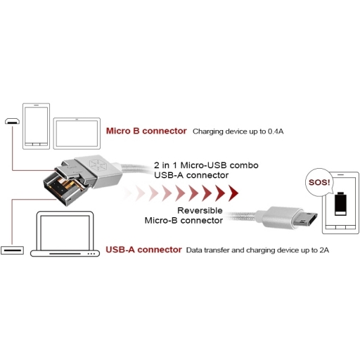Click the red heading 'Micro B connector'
click(146, 131)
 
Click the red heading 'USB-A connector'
click(143, 250)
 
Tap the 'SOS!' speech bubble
click(319, 182)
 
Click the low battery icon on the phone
click(340, 204)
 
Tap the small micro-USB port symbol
click(12, 121)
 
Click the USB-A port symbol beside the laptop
click(12, 250)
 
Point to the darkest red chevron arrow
click(233, 193)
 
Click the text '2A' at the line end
click(324, 250)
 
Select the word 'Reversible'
click(200, 210)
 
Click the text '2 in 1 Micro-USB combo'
click(206, 165)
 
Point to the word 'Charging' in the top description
click(208, 131)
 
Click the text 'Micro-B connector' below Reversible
click(184, 221)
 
